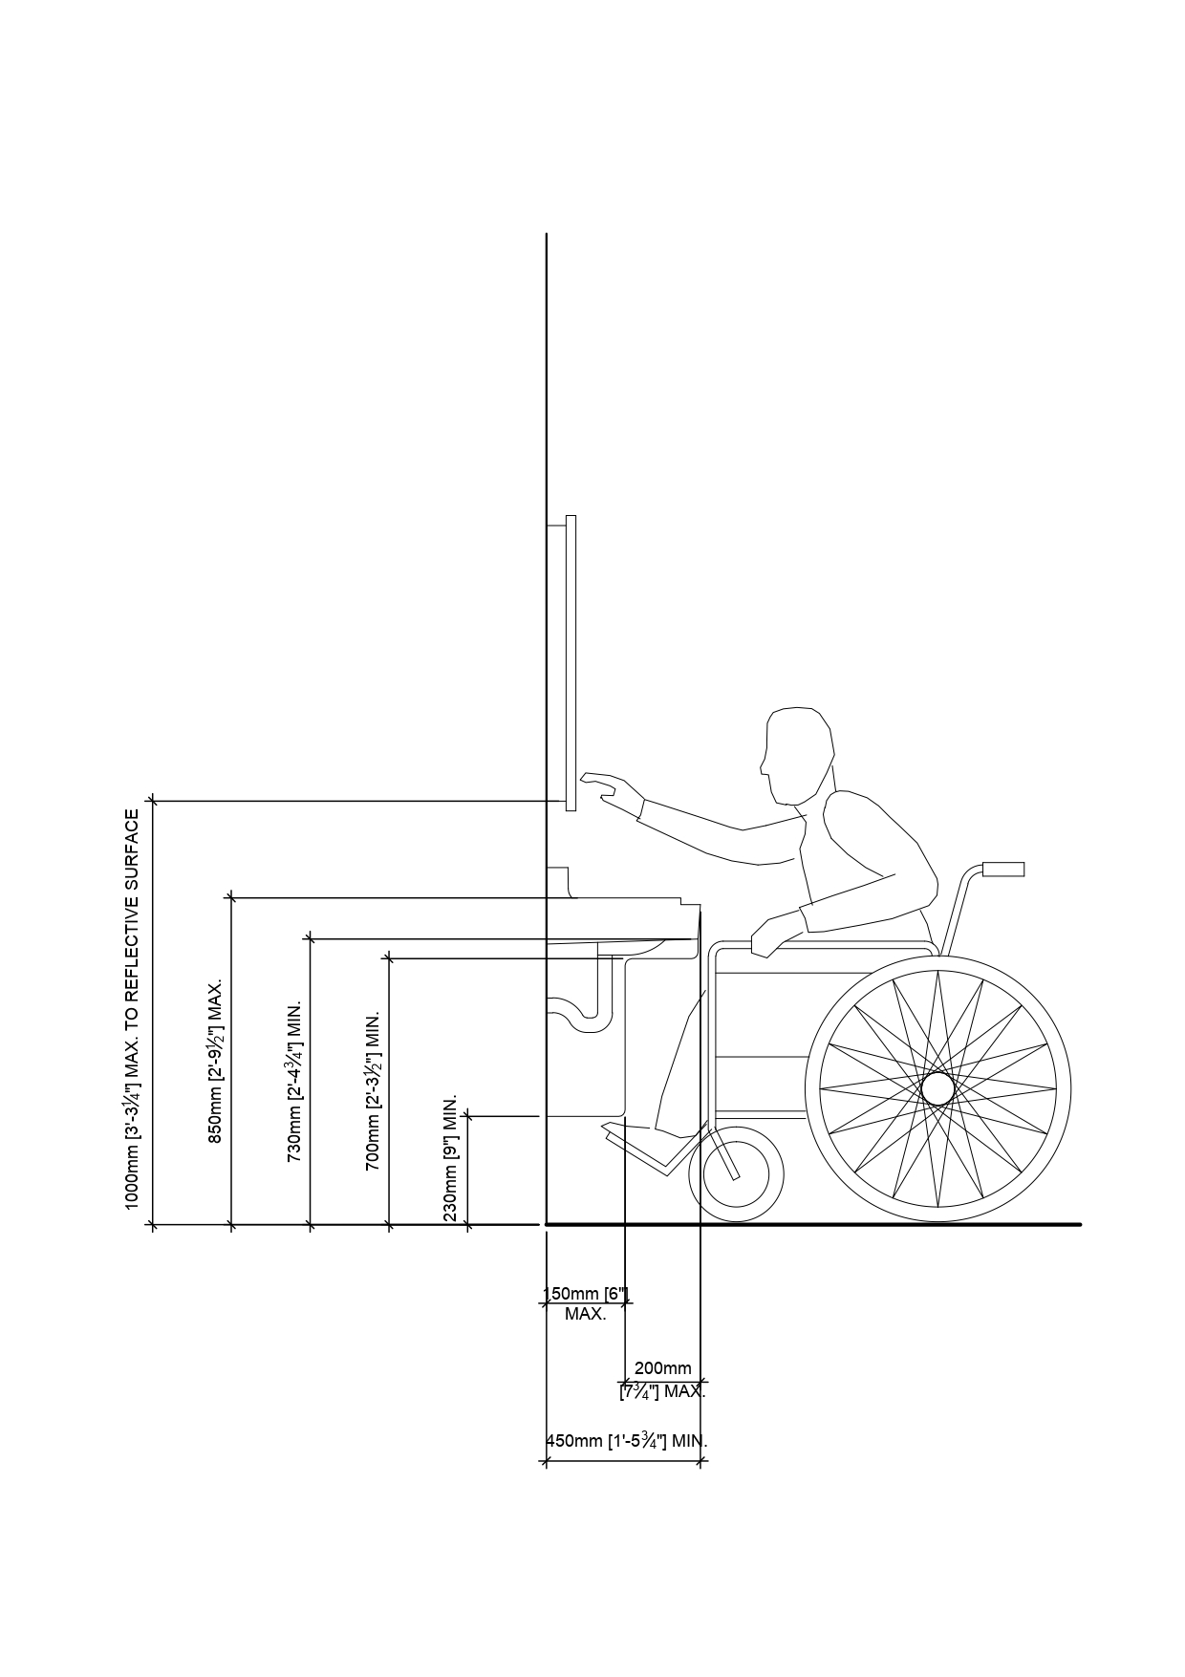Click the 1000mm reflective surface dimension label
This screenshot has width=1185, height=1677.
coord(132,1008)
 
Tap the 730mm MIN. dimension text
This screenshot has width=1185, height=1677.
coord(295,1081)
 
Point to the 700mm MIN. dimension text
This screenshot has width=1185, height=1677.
coord(374,1090)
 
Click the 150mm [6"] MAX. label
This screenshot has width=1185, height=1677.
coord(586,1303)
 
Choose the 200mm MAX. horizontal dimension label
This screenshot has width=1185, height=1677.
coord(663,1379)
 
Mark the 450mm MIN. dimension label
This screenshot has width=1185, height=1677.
coord(626,1441)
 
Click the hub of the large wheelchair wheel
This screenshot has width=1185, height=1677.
coord(937,1088)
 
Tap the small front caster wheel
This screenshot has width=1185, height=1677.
coord(736,1174)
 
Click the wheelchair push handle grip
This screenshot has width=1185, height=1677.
coord(1003,869)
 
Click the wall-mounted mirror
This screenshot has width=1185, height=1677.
coord(571,662)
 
